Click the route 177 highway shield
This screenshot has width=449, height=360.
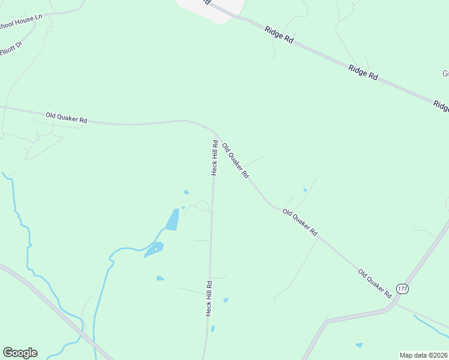pos(402,289)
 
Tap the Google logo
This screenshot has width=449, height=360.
pos(20,353)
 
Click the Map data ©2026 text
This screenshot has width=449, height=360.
pos(424,355)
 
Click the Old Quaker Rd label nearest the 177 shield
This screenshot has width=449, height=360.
pos(375,284)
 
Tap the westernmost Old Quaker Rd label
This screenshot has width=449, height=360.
pos(67,116)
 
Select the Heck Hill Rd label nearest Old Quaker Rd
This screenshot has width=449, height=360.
pos(214,157)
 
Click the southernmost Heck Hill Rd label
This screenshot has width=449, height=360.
pos(209,298)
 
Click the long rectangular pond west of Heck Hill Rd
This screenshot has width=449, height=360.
pos(172,220)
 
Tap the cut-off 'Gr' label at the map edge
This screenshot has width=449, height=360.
pos(445,74)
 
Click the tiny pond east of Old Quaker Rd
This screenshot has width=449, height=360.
pos(305,190)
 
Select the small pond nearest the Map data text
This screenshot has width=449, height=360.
pos(359,345)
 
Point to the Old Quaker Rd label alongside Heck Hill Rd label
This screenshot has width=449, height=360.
pos(235,160)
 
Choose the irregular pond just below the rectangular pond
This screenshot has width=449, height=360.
pos(154,250)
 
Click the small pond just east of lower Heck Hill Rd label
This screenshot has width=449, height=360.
pos(226,300)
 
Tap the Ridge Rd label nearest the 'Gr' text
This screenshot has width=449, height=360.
pos(364,73)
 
